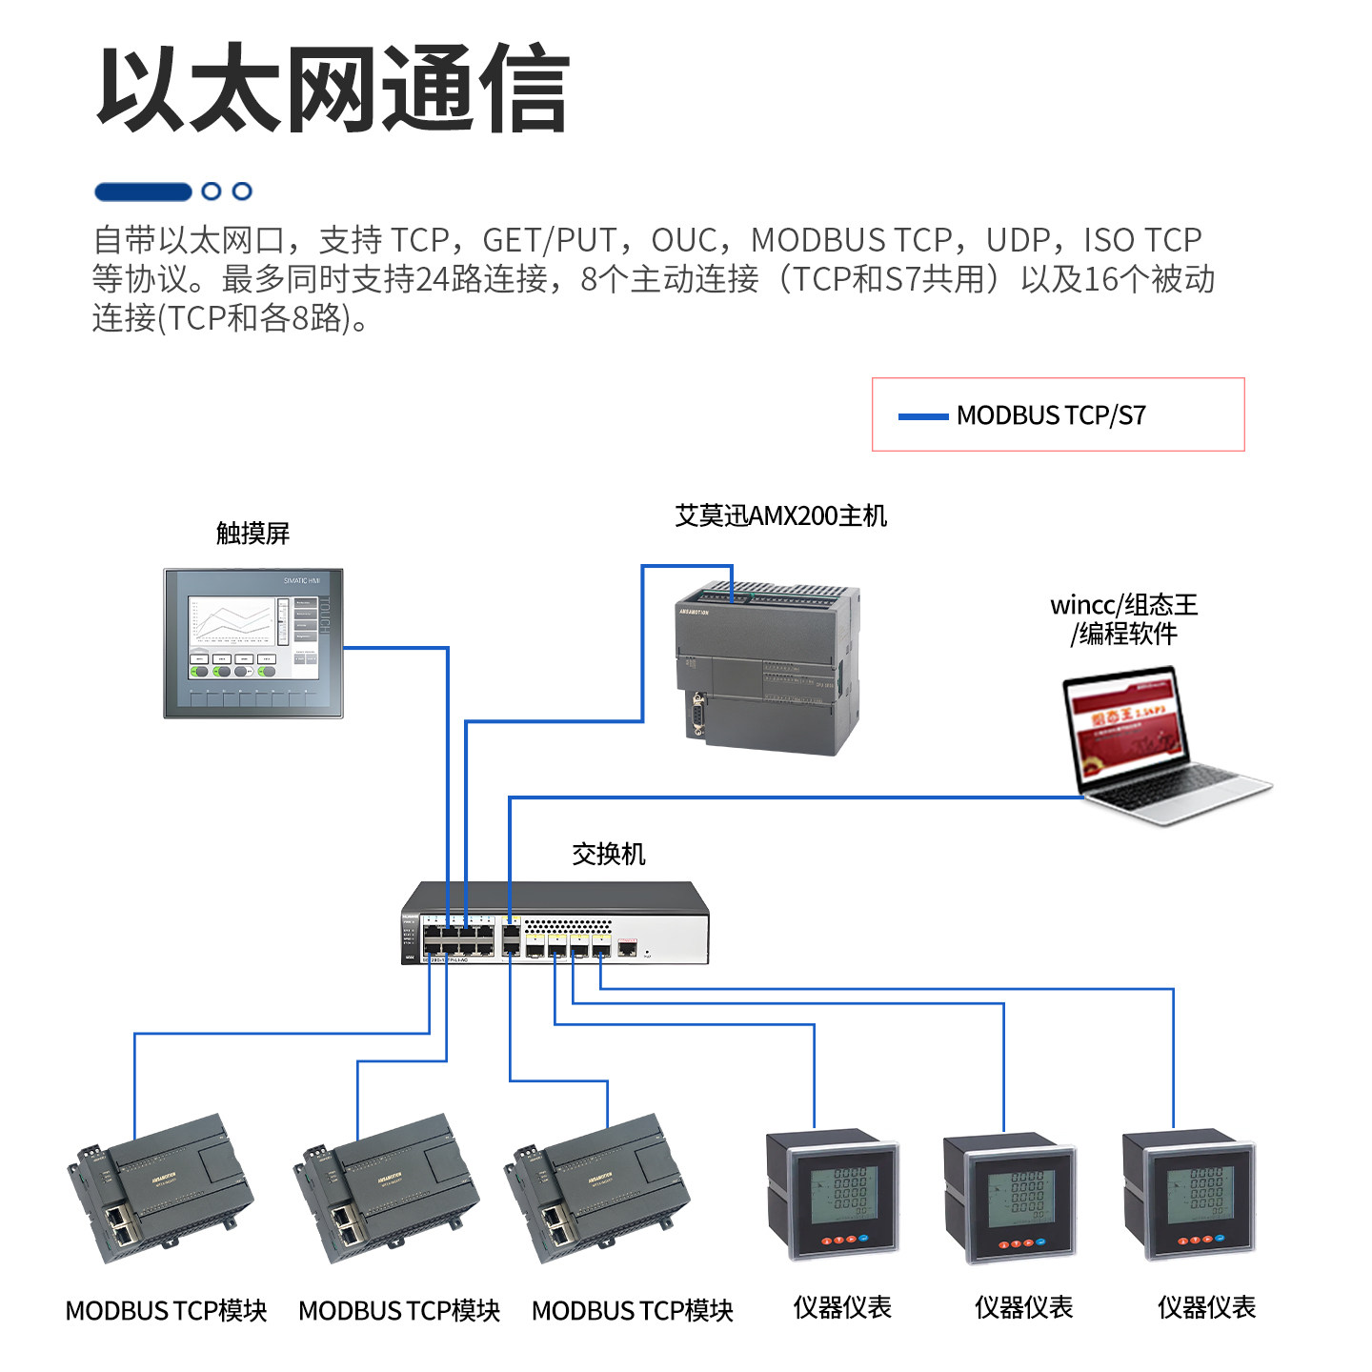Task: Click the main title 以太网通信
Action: (x=333, y=89)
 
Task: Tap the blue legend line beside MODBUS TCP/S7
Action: (x=922, y=416)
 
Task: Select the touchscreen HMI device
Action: (x=253, y=643)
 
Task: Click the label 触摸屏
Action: (x=252, y=534)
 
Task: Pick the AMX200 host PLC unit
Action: (x=767, y=668)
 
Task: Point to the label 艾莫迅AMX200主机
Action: (x=780, y=516)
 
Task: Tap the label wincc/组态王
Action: (x=1123, y=605)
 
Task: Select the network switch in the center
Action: (x=555, y=924)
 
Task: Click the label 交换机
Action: (x=608, y=854)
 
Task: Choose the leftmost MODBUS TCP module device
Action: (x=160, y=1188)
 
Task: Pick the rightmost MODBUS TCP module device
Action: (x=598, y=1188)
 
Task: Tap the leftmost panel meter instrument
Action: (x=833, y=1195)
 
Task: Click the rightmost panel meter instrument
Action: (x=1189, y=1195)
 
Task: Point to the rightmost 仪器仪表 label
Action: (x=1206, y=1307)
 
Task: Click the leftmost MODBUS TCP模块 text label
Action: (x=166, y=1311)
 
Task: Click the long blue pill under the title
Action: (x=143, y=192)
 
